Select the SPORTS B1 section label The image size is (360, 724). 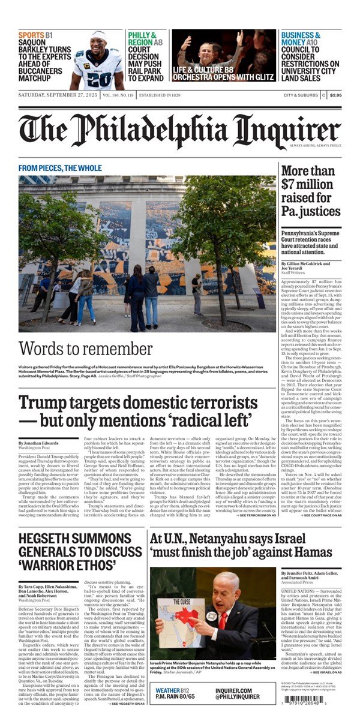pos(35,35)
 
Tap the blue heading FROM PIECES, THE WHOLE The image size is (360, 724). pos(60,168)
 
